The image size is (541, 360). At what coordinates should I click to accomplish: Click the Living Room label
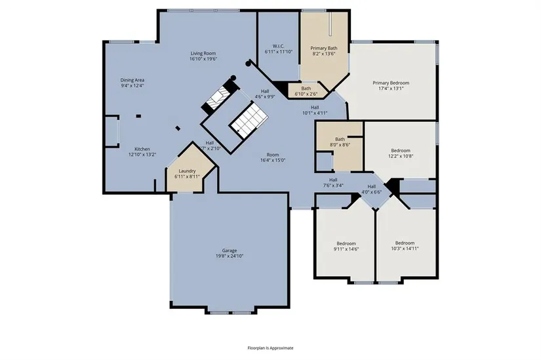pos(203,54)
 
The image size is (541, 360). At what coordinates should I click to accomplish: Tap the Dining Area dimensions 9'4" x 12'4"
pos(132,86)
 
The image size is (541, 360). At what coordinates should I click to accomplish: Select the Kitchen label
pos(142,149)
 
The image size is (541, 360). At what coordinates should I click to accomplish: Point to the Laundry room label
pos(188,171)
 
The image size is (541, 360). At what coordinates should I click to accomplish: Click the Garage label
pos(230,250)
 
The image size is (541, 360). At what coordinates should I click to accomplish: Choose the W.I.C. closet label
pos(279,47)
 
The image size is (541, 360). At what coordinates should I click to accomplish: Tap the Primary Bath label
pos(324,49)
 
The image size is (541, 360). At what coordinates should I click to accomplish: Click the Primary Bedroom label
pos(391,83)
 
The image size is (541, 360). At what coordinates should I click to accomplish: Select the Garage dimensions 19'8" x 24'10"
pos(230,256)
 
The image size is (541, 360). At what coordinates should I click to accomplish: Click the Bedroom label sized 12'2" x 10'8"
pos(401,150)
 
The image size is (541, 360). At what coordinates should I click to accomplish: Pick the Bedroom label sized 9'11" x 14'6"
pos(346,243)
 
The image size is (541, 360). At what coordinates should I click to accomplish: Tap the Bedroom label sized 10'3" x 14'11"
pos(405,243)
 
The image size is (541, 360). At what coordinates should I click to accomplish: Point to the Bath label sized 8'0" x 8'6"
pos(340,139)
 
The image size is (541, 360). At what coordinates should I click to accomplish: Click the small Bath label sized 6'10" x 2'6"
pos(306,89)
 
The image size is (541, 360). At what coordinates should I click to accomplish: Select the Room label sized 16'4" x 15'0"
pos(273,155)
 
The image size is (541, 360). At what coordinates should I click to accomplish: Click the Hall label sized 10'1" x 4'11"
pos(315,108)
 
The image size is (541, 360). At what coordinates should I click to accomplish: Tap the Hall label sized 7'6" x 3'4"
pos(333,180)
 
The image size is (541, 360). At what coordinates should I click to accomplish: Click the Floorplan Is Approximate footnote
pos(270,348)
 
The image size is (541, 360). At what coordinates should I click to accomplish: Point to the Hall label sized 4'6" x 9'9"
pos(265,91)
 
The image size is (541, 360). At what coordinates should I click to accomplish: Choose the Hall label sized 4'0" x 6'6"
pos(372,186)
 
